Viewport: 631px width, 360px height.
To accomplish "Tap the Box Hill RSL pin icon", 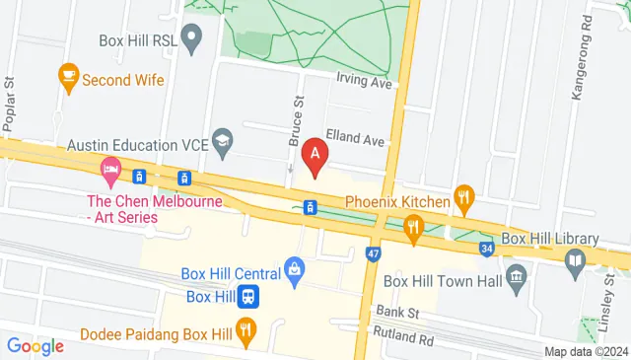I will (x=193, y=40).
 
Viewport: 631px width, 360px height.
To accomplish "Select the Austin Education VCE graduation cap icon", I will (x=222, y=144).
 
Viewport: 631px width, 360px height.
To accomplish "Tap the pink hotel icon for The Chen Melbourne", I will (x=110, y=175).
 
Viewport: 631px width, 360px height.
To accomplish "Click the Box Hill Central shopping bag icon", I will (x=294, y=268).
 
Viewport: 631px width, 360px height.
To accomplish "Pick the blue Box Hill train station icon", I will (x=249, y=295).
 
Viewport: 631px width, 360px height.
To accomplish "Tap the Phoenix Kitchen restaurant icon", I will (x=464, y=201).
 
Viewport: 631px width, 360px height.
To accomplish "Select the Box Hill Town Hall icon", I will (x=514, y=275).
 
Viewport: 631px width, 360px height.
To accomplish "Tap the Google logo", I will (x=35, y=345).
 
